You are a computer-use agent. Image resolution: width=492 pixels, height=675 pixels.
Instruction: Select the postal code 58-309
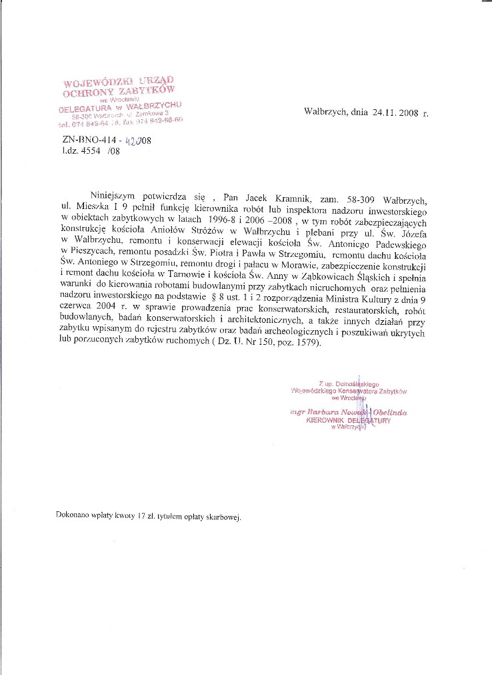pos(363,197)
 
